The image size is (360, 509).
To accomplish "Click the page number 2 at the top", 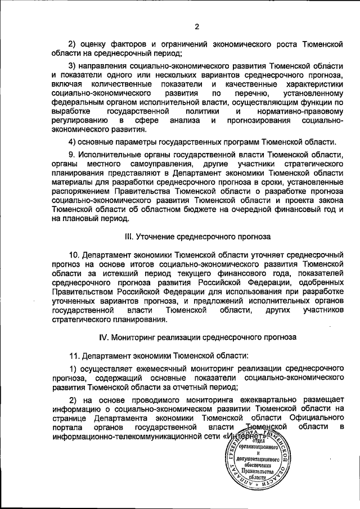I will coord(197,26).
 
